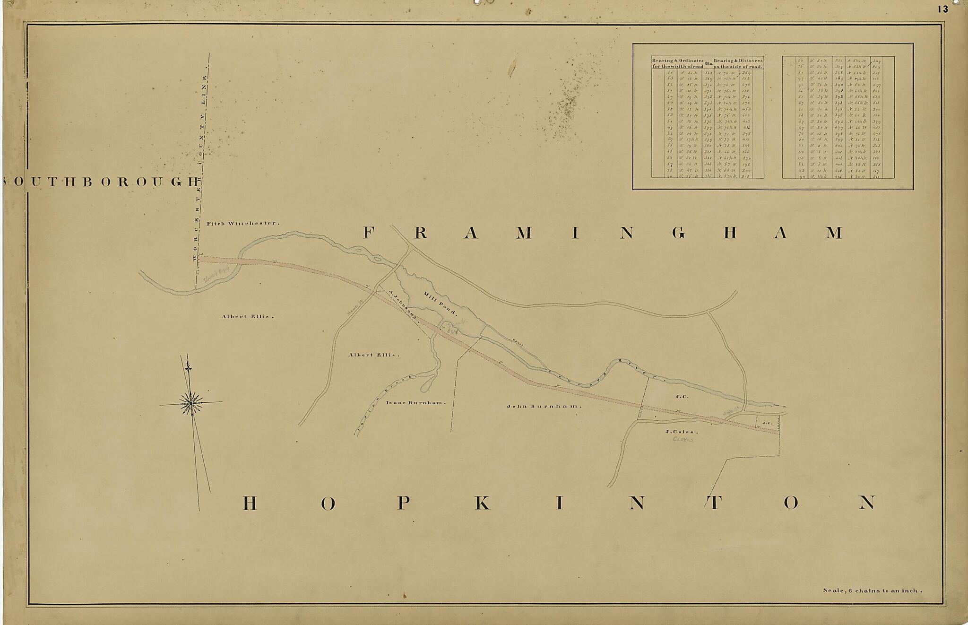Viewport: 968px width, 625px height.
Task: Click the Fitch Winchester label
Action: pos(243,223)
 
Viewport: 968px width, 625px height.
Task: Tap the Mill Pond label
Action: pos(440,303)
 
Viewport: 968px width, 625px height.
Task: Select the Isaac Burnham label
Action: pos(416,403)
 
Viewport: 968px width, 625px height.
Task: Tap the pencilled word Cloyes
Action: pos(683,440)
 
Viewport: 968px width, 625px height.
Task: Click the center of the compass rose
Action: pos(191,403)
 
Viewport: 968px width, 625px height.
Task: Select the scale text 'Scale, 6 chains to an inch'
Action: pos(873,590)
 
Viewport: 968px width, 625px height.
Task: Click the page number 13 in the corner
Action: pos(943,9)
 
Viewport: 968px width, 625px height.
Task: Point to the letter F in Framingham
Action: pos(369,233)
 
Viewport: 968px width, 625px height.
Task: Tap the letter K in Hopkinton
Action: pos(482,503)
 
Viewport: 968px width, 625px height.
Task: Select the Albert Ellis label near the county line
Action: pos(248,316)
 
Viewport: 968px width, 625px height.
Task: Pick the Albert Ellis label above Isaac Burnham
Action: pos(374,355)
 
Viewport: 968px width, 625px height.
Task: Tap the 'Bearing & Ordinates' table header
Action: pos(678,63)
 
